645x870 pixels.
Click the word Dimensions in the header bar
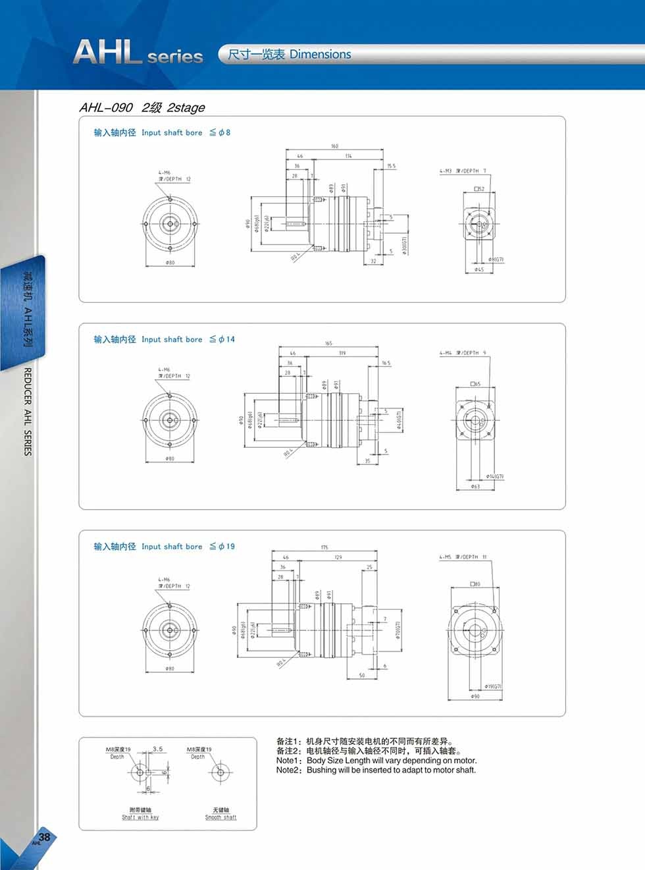coord(320,55)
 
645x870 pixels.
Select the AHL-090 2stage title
coord(142,107)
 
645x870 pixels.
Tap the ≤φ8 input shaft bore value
coord(220,132)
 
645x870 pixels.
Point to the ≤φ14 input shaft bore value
coord(222,339)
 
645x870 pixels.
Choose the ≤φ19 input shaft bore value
coord(222,547)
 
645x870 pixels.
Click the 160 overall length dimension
coord(334,146)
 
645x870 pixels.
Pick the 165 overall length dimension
coord(328,343)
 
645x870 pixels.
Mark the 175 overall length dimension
coord(324,547)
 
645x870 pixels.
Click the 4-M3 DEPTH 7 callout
coord(463,171)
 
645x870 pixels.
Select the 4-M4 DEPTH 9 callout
coord(463,353)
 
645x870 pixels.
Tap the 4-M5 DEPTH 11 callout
coord(463,557)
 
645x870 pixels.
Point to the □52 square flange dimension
coord(479,189)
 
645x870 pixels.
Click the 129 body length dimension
coord(338,557)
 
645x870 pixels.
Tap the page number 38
coord(45,837)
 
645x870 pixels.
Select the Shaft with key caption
coord(140,817)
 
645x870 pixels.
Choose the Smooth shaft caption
coord(220,817)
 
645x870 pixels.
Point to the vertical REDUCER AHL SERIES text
coord(28,412)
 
